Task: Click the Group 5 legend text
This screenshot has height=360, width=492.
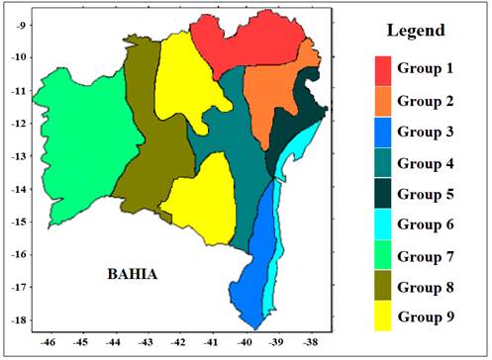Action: (431, 195)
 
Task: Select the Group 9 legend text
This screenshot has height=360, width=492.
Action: (431, 318)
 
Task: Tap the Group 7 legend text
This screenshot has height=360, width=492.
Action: (431, 256)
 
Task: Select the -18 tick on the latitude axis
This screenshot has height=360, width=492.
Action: (16, 320)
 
